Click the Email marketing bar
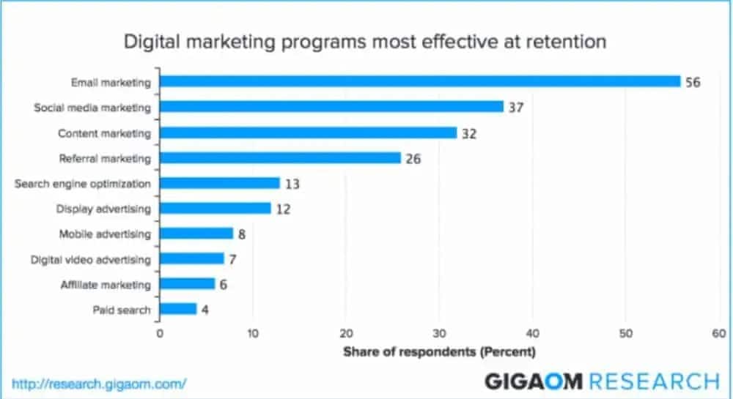[x=420, y=81]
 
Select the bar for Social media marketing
[x=331, y=107]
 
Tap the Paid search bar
[x=178, y=309]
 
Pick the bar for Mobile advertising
[x=196, y=234]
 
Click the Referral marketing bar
[x=280, y=157]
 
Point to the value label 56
[x=693, y=82]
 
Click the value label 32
[x=469, y=133]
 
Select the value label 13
[x=292, y=183]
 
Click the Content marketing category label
[x=104, y=133]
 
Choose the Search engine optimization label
[x=83, y=183]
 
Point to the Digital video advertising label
[x=91, y=259]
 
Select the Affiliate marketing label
[x=105, y=284]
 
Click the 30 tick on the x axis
[x=439, y=333]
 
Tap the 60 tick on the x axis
[x=718, y=333]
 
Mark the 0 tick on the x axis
[x=160, y=333]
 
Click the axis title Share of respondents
[x=439, y=351]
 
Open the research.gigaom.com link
[x=100, y=383]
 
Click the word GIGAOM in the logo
[x=534, y=381]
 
